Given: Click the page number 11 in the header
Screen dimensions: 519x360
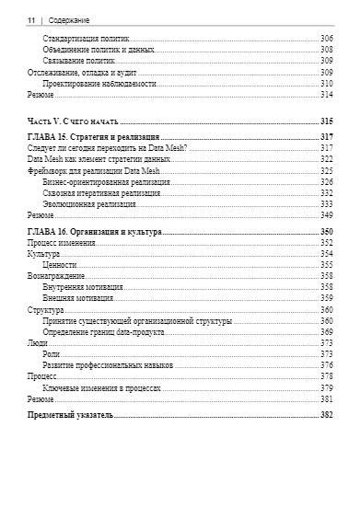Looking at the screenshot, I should (x=31, y=18).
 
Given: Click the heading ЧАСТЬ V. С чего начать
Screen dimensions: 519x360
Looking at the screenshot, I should (x=70, y=121).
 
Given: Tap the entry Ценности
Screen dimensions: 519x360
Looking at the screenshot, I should (x=59, y=265).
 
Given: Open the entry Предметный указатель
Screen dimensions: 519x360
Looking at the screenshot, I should (x=70, y=416).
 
